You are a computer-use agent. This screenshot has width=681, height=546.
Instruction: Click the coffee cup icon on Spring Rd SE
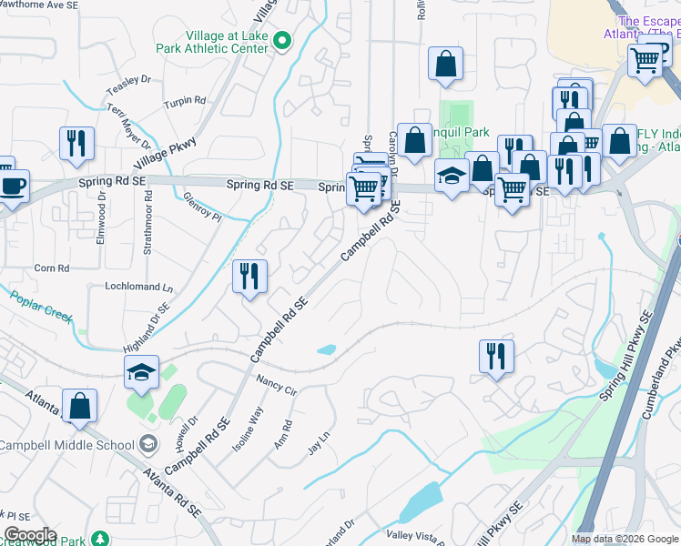tap(13, 186)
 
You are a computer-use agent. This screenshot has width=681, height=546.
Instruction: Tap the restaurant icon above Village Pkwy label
tap(76, 143)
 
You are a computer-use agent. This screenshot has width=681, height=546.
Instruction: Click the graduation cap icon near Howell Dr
tap(141, 371)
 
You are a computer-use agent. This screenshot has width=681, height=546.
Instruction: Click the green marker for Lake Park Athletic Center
tap(282, 40)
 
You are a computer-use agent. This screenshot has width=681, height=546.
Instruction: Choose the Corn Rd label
tap(51, 268)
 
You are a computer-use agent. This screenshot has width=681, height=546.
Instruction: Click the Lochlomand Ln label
tap(139, 288)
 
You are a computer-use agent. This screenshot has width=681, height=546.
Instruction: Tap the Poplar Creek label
tap(41, 304)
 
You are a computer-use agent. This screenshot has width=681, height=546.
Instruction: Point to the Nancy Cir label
tap(277, 384)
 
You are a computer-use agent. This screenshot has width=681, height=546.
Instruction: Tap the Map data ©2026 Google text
tap(624, 539)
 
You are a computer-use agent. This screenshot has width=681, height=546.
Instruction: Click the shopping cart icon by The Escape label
tap(645, 61)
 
